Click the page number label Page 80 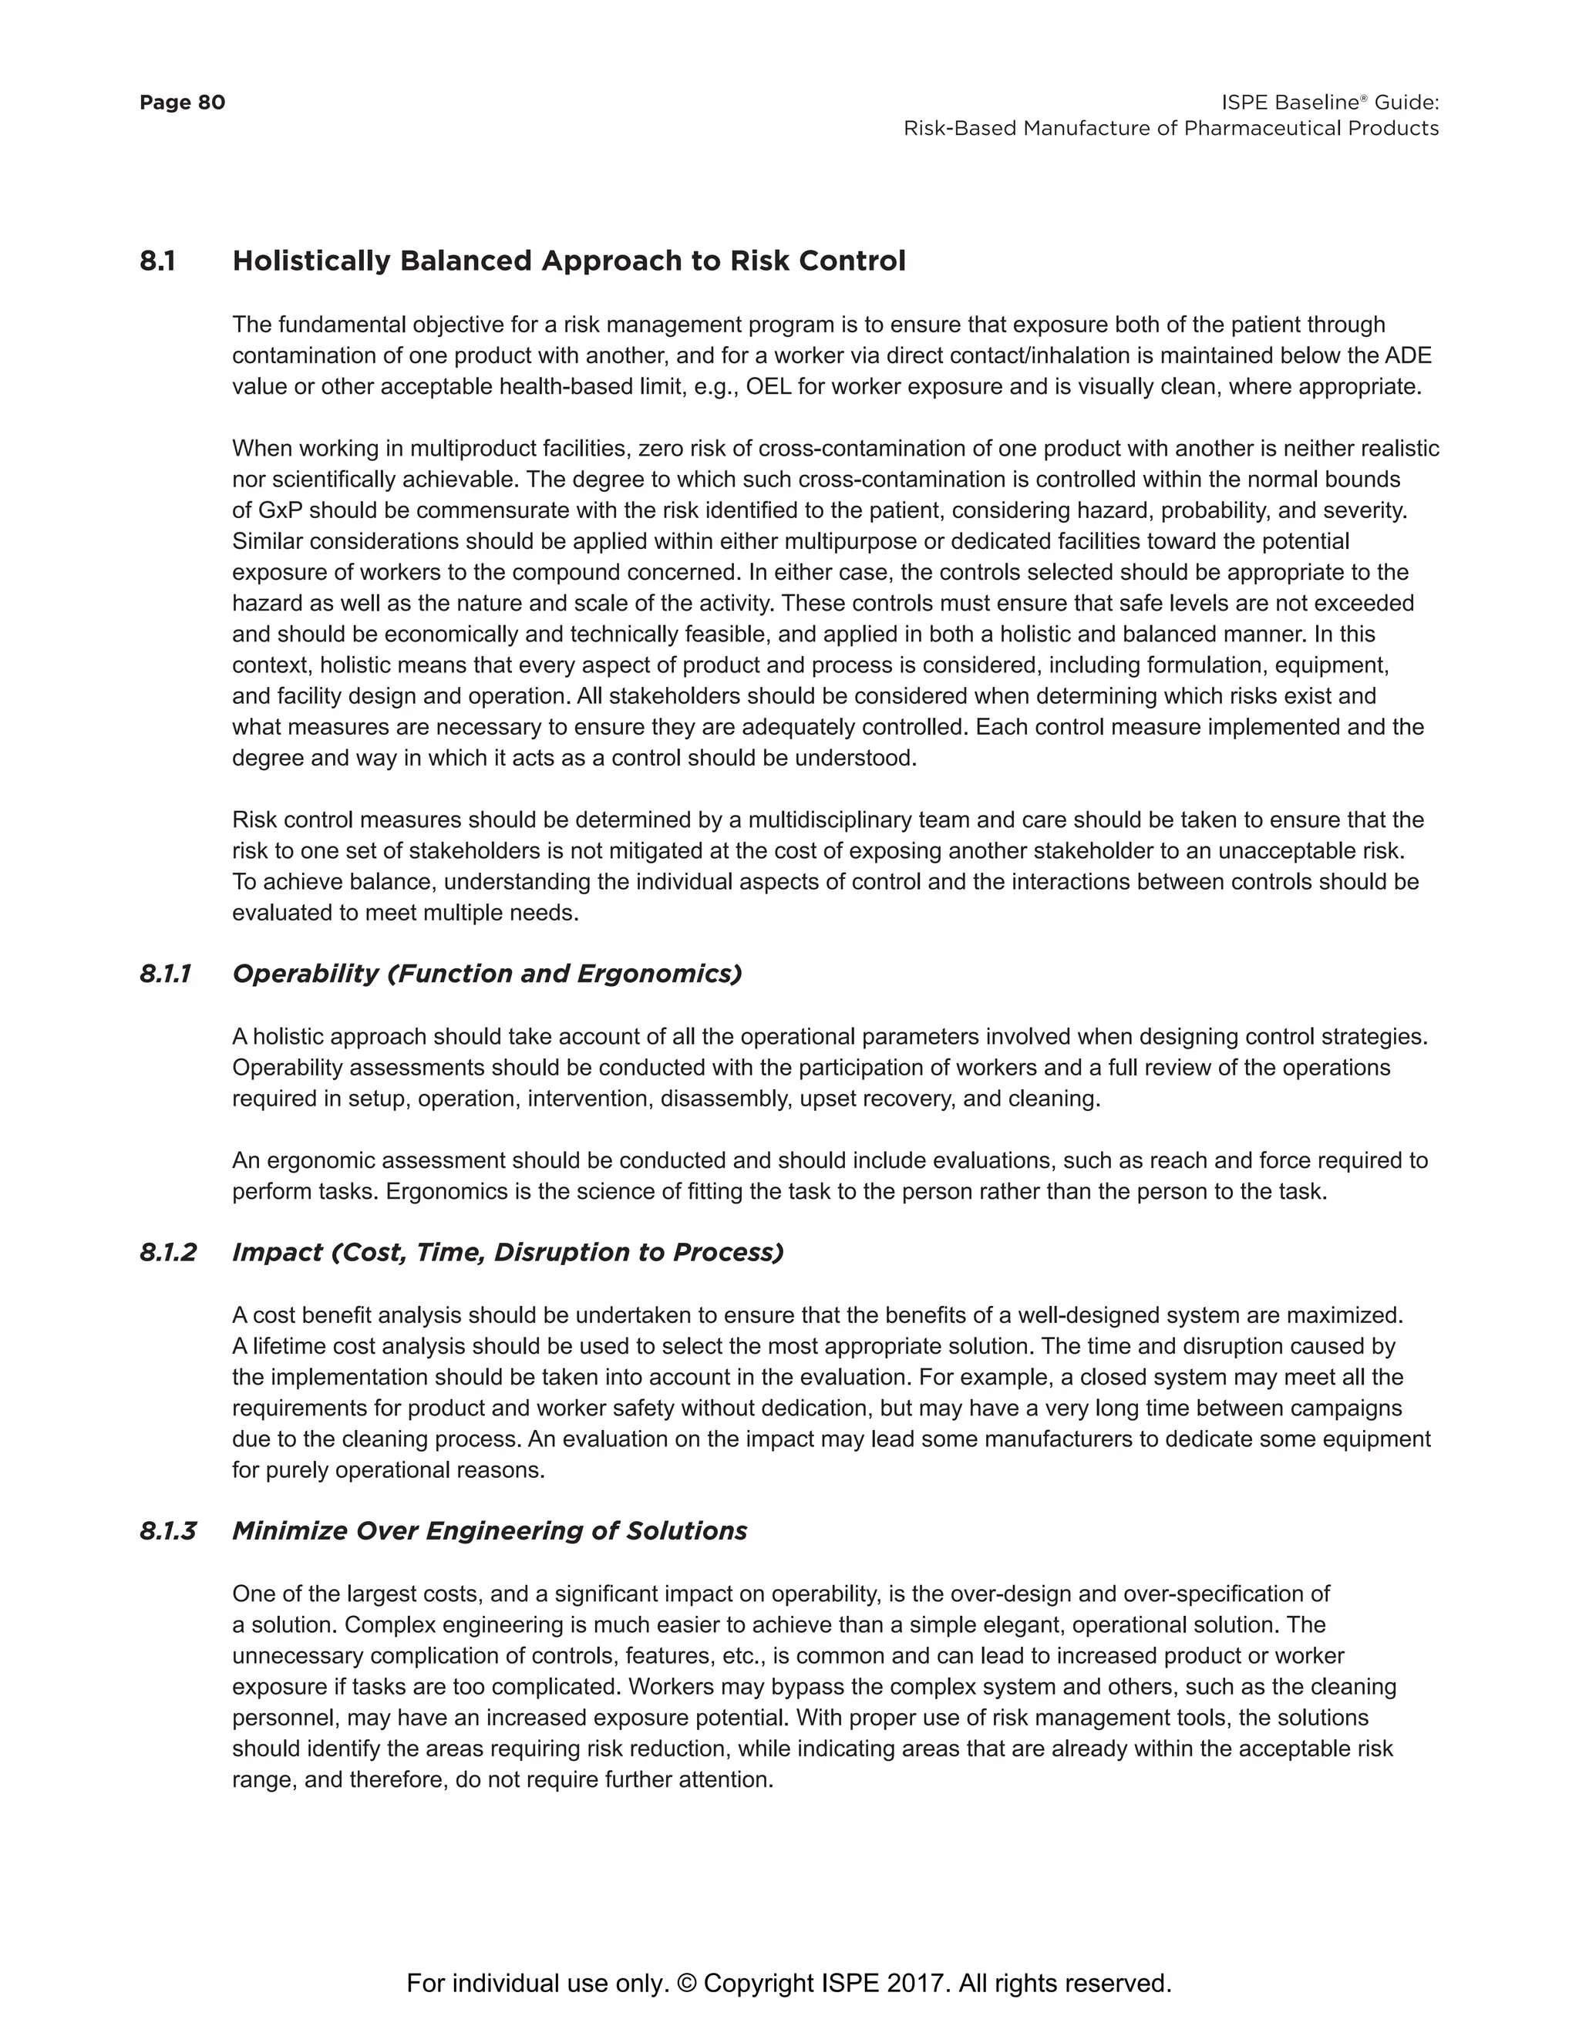click(x=183, y=102)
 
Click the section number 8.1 click(x=157, y=261)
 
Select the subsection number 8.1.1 click(x=166, y=974)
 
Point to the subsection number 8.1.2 click(x=167, y=1253)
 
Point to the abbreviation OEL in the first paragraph click(x=768, y=387)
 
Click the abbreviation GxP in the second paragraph click(x=281, y=510)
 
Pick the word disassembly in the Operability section click(x=726, y=1099)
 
